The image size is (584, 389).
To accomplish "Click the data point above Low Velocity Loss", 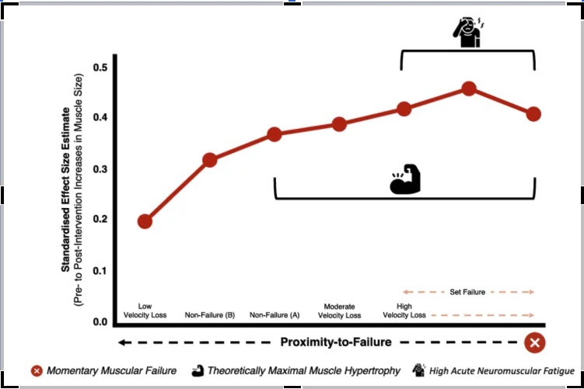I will [145, 221].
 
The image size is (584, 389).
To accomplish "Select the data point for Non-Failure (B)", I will [209, 160].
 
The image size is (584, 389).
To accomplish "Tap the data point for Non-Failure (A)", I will [274, 134].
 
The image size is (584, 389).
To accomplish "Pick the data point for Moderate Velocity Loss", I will [339, 124].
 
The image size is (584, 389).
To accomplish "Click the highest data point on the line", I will [469, 89].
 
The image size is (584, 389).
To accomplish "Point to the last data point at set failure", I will [533, 114].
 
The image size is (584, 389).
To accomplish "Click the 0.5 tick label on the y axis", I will [101, 68].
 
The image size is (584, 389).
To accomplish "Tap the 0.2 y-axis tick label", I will [101, 220].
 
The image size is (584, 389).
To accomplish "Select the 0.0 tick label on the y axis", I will [101, 321].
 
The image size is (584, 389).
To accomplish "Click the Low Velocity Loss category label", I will [145, 311].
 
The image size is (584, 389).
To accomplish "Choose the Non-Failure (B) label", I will [209, 315].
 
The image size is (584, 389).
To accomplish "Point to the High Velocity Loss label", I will [404, 311].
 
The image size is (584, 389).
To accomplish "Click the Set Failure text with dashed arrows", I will [467, 292].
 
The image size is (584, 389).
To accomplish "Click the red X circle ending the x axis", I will [534, 342].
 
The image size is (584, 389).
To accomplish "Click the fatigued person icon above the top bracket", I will [467, 33].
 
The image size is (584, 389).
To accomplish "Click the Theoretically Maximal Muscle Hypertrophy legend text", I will [304, 371].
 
